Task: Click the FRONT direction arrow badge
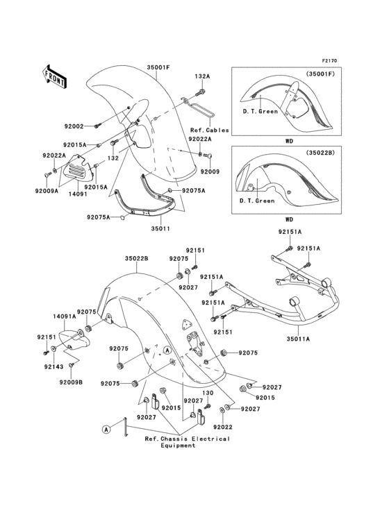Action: click(56, 76)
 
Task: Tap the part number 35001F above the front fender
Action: click(158, 67)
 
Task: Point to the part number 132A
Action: click(202, 77)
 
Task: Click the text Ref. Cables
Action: click(206, 130)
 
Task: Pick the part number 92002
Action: click(74, 126)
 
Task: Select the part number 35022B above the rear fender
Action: click(137, 259)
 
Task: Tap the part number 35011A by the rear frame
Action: click(298, 339)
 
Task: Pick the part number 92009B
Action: click(70, 382)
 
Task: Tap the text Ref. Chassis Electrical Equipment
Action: click(187, 443)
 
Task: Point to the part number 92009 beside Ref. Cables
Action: click(210, 171)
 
